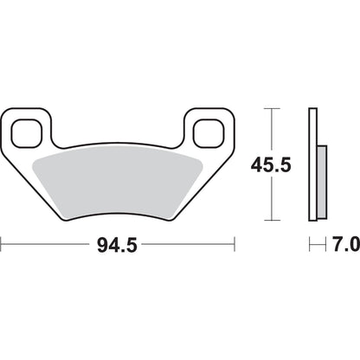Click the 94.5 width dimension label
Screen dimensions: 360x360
point(117,246)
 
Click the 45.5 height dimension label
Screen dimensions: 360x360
point(271,165)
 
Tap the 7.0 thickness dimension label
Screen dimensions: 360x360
point(346,244)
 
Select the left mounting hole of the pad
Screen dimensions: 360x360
point(27,133)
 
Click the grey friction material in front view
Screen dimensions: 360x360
point(117,184)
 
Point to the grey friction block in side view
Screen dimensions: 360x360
point(322,182)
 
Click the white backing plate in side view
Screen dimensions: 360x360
point(313,164)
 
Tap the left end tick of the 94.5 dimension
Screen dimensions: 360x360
point(1,244)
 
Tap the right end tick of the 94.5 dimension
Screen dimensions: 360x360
point(235,244)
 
